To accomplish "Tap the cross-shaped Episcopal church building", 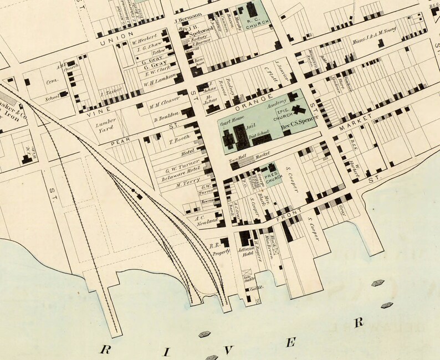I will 300,111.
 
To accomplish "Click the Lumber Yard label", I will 104,123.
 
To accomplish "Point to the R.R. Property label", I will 219,250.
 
